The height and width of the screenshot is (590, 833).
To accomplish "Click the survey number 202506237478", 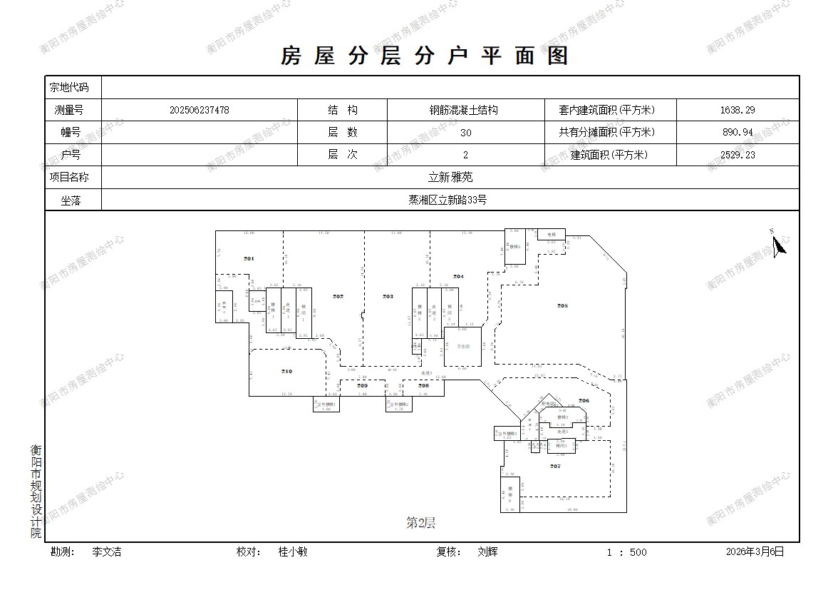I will click(200, 111).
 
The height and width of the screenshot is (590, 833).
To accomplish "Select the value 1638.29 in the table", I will click(738, 111).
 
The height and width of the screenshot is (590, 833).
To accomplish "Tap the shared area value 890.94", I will click(738, 133).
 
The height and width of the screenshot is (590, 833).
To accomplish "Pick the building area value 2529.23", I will click(738, 155).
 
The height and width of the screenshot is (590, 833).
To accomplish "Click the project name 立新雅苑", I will click(450, 178).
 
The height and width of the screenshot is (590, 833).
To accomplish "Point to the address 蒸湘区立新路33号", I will click(450, 200).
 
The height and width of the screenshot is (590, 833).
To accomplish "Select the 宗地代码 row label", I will click(69, 88).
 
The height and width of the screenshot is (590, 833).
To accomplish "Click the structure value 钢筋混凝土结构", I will click(463, 111).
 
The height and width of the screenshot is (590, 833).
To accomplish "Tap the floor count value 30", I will click(465, 133).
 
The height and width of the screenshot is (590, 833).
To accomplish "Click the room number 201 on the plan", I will click(249, 258).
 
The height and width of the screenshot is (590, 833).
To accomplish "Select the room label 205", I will click(562, 305).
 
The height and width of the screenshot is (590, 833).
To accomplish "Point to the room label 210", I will click(286, 371).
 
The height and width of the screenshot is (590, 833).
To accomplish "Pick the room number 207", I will click(555, 466).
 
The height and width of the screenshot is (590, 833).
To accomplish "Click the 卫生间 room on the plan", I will click(463, 346).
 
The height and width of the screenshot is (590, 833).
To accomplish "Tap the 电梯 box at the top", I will click(551, 234).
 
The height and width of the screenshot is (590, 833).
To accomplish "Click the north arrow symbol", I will click(779, 244).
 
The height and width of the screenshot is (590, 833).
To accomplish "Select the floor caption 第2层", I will click(420, 523).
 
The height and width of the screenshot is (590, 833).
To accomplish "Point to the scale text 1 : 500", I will click(626, 552).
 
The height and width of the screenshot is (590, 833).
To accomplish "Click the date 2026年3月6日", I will click(755, 551).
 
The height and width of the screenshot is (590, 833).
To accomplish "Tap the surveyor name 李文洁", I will click(107, 551).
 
